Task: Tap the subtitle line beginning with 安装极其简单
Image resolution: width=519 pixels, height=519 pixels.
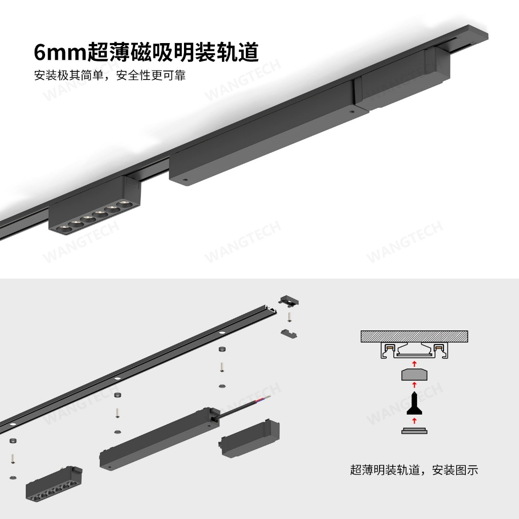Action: [109, 76]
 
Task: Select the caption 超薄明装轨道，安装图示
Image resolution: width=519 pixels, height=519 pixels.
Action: [414, 470]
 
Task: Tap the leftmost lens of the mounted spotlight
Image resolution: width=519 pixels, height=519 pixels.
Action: [64, 229]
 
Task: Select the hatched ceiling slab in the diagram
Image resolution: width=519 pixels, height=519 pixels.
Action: [414, 336]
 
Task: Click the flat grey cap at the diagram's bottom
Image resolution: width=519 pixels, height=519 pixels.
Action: [414, 431]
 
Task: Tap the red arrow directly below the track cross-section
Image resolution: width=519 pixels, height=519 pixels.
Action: [414, 363]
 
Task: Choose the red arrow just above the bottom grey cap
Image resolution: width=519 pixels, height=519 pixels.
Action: [414, 420]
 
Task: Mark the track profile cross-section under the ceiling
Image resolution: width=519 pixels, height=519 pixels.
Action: [414, 350]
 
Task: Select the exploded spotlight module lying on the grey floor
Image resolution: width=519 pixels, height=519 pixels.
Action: [54, 486]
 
